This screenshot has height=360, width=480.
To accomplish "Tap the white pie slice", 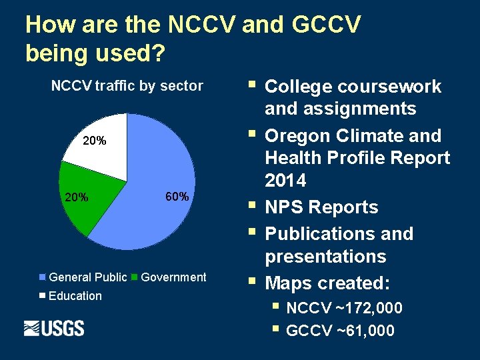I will coord(100,143).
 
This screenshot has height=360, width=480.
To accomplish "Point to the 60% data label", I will coord(176,197).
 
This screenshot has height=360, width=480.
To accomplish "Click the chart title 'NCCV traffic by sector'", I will coord(127,85).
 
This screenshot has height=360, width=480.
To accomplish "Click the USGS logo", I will coord(54,328).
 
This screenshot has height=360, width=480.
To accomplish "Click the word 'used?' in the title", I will coord(129,53).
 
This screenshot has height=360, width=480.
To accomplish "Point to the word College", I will coord(298,87).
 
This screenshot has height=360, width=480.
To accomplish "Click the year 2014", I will coord(285,181).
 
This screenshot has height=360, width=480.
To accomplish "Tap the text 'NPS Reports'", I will coord(321,207).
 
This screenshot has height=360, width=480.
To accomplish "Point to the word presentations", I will coord(325,257).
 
